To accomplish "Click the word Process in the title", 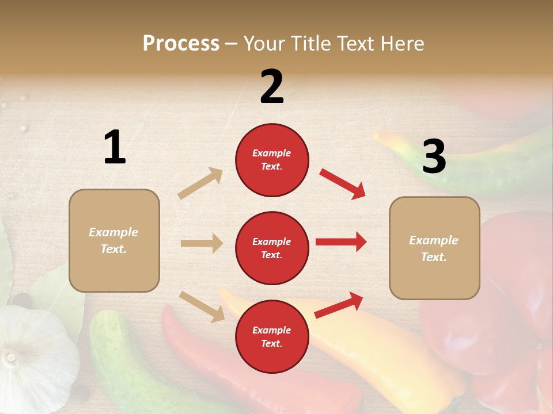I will pos(181,44).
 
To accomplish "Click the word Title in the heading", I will pos(309,44).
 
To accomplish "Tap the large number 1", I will pos(115,148).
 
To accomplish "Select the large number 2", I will pos(272,87).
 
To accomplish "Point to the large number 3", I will pos(434,157).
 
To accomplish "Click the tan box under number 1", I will pos(114,240).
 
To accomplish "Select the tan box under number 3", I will pos(434,248).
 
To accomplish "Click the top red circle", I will pos(272,160).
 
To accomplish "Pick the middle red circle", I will pos(272,248).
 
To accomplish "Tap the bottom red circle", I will pos(272,336).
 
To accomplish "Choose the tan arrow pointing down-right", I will pos(202,306).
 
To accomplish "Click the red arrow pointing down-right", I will pos(343,183).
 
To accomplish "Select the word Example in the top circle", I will pos(272,153).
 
